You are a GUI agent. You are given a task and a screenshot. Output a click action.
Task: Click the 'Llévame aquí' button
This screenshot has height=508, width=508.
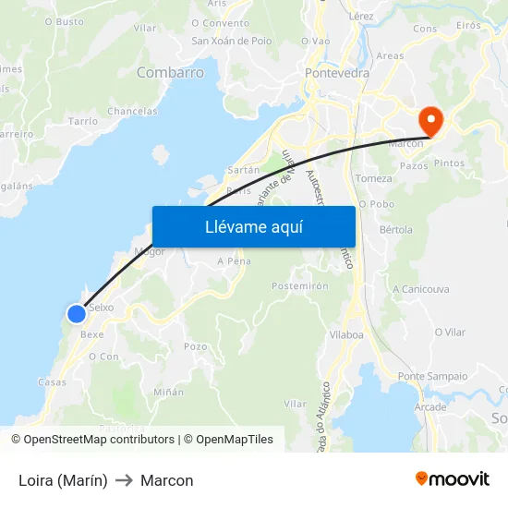coord(253,226)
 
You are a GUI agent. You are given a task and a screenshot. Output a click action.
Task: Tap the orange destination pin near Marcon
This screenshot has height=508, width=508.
coord(430,119)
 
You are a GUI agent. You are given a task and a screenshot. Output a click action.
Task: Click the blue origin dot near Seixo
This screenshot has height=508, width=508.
coord(77,314)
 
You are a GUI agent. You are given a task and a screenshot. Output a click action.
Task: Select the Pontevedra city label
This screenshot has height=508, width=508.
coord(337,72)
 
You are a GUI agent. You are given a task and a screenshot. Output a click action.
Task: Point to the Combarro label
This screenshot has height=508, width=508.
coord(170,72)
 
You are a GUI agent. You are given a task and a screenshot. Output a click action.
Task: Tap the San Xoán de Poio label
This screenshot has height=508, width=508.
coord(231,41)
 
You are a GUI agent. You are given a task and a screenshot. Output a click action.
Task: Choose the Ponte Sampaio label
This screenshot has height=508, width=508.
coord(432,376)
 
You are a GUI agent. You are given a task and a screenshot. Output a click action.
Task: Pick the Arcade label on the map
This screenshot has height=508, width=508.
coord(430,406)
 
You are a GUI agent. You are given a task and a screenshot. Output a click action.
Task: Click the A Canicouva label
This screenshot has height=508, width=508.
coord(420,289)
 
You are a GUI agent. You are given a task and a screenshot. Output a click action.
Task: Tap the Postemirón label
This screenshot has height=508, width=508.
coord(300,286)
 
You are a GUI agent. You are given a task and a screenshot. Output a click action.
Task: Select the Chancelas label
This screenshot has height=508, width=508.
coord(132,111)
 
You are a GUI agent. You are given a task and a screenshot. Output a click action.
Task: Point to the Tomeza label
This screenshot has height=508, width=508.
coord(373,178)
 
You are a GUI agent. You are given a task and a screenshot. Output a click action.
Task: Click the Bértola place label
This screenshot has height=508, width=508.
coord(396,229)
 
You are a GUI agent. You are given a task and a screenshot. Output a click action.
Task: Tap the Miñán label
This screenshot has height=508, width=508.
coord(168,392)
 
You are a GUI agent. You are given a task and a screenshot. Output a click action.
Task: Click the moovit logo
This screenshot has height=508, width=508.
coord(453,479)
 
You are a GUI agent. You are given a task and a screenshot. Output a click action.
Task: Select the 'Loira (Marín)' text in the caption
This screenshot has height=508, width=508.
coord(63,480)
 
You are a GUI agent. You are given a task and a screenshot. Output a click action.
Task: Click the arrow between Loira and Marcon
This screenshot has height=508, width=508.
coord(124,480)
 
